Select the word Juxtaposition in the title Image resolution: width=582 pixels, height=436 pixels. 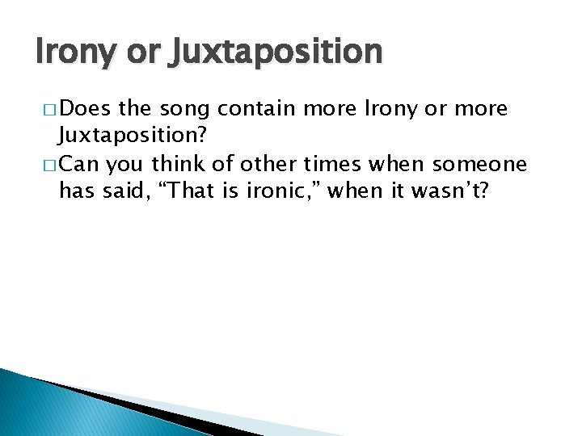coord(275,52)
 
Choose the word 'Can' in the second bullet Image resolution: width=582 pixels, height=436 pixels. coord(79,165)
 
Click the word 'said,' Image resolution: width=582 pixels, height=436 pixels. coord(120,191)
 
